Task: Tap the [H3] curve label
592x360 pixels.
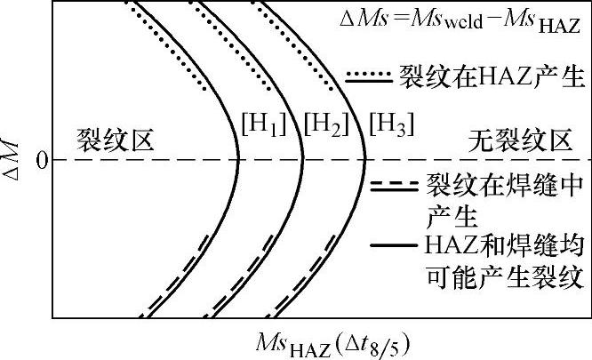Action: [390, 127]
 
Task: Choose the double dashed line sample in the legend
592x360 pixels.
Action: [393, 187]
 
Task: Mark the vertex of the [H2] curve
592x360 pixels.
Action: [303, 160]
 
